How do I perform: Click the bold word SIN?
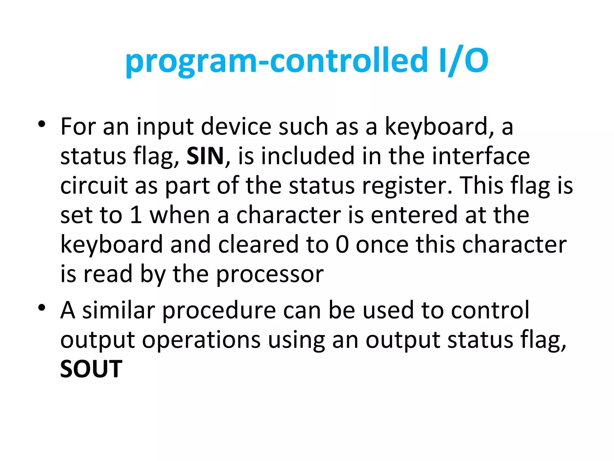pos(205,156)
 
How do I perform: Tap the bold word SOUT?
pos(91,369)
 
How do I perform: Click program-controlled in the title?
pos(276,61)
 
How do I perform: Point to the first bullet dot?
pos(42,124)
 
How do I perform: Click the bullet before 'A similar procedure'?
pos(42,308)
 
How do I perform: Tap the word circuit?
pos(94,185)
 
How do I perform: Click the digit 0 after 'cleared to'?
pos(342,245)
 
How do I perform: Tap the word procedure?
pos(219,310)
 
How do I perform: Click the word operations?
pos(201,340)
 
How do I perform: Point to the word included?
pos(308,156)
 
